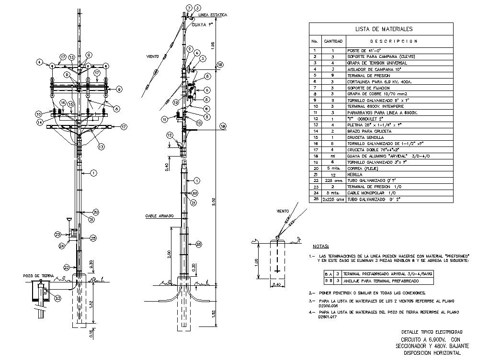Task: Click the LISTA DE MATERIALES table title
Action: click(380, 29)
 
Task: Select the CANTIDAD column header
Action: click(333, 41)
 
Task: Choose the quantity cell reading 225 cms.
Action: click(333, 180)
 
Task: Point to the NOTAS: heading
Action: click(321, 247)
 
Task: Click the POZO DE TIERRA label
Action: click(39, 276)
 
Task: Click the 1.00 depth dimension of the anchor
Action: click(257, 262)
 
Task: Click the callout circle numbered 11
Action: click(164, 119)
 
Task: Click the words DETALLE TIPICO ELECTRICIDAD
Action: click(432, 332)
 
